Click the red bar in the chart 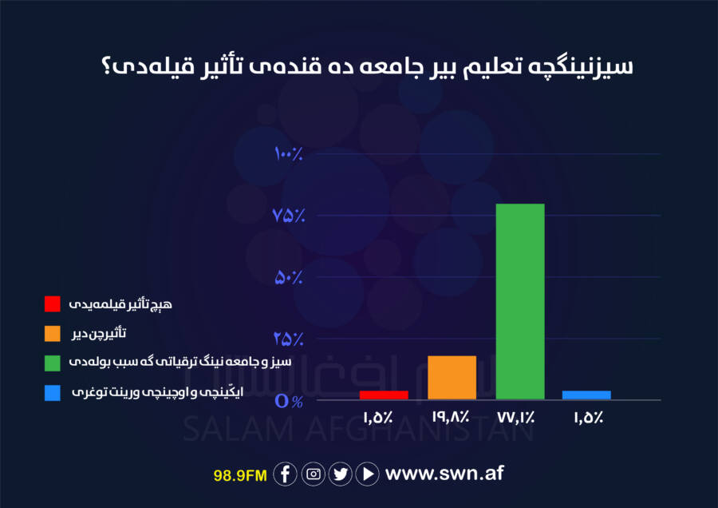click(x=384, y=395)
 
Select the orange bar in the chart click(x=452, y=377)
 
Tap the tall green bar click(x=520, y=301)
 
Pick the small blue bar click(x=586, y=395)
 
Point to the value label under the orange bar click(x=451, y=417)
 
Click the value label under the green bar click(x=516, y=417)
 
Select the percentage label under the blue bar click(x=589, y=417)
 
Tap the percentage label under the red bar click(x=378, y=417)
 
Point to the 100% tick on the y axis click(x=289, y=153)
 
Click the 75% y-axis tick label click(x=289, y=215)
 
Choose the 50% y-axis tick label click(x=289, y=277)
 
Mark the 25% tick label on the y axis click(x=289, y=339)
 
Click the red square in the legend click(x=53, y=304)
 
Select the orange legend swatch click(x=53, y=333)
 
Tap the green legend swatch click(x=53, y=363)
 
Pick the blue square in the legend click(x=53, y=392)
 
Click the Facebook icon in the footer click(x=285, y=474)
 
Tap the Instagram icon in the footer click(x=314, y=474)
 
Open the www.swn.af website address click(x=444, y=473)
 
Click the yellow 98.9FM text click(x=240, y=475)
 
